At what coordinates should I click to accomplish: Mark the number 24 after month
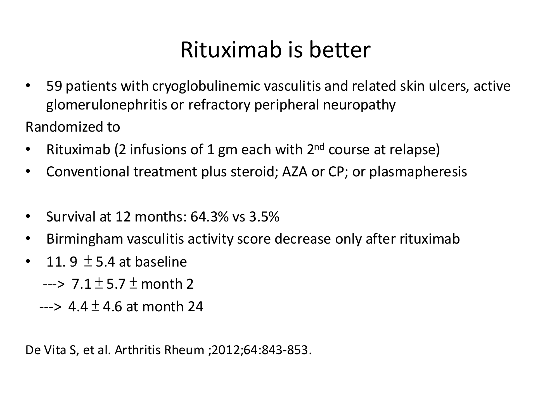coord(195,307)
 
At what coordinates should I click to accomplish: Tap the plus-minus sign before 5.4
coord(88,262)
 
